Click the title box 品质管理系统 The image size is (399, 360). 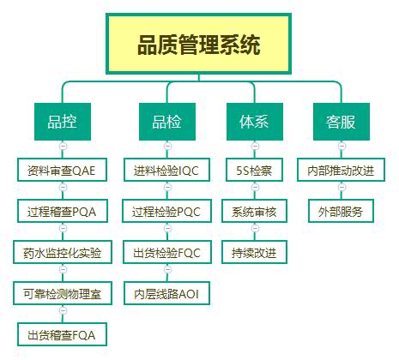point(199,45)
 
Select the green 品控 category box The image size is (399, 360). point(62,121)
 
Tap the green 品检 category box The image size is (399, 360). point(166,121)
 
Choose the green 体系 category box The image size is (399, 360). point(254,121)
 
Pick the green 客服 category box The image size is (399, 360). point(341,121)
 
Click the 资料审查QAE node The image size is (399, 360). point(62,170)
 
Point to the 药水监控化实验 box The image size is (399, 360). point(62,253)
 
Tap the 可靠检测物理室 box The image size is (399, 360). point(62,295)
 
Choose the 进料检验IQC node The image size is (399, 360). point(166,170)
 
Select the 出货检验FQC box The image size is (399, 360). point(166,253)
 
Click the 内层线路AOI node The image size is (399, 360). point(166,295)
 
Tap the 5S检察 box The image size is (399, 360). point(254,170)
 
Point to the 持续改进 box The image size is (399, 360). point(254,253)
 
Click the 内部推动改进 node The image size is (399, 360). point(341,170)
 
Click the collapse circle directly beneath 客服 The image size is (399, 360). point(341,148)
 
